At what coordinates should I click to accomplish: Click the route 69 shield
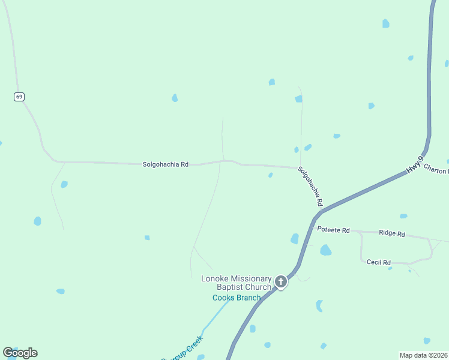tap(20, 97)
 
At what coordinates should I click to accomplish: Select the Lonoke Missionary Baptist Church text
tap(237, 283)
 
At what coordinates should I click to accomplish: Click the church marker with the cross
tap(280, 281)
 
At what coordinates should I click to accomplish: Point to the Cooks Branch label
tap(237, 298)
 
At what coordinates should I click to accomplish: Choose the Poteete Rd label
tap(333, 230)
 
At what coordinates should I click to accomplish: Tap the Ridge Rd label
tap(392, 233)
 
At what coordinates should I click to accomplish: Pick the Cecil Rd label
tap(378, 262)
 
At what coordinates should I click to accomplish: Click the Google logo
tap(20, 353)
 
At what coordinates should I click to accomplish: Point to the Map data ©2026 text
tap(424, 355)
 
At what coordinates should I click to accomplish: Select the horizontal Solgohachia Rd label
tap(166, 164)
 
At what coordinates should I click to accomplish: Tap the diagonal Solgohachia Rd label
tap(311, 186)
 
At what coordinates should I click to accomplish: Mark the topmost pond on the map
tap(385, 23)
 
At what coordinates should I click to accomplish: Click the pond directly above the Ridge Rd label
tap(403, 216)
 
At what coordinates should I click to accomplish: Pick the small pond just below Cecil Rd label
tap(390, 268)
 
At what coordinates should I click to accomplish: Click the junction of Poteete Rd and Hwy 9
tap(312, 229)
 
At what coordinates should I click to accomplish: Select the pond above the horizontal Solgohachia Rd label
tap(175, 98)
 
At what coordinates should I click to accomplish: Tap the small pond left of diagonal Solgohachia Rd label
tap(271, 175)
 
